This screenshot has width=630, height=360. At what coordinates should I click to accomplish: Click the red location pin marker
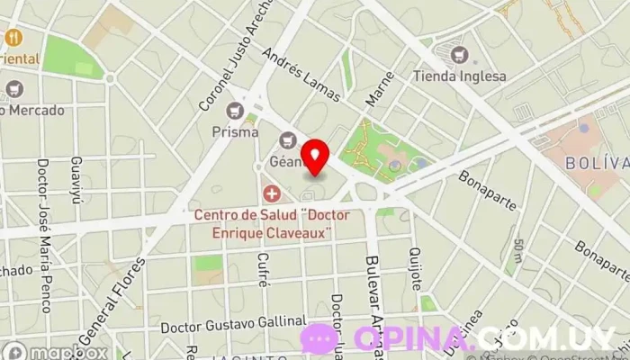tap(314, 157)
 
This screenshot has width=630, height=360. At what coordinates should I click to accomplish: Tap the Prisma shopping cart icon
tap(237, 111)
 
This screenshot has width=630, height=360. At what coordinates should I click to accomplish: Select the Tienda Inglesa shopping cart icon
tap(460, 55)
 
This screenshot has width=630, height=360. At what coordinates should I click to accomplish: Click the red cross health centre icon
tap(271, 193)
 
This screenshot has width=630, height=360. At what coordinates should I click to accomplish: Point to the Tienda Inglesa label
tap(460, 76)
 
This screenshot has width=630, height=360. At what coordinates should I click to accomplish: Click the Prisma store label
tap(236, 131)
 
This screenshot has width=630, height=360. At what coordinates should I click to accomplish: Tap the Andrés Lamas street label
tap(301, 74)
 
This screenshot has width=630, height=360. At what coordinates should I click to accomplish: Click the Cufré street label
tap(263, 270)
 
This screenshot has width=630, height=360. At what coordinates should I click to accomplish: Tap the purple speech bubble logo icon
tap(319, 338)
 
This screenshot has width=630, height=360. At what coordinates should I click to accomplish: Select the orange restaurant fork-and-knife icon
tap(13, 38)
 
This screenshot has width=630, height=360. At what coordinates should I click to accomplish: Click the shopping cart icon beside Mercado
tap(13, 89)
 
